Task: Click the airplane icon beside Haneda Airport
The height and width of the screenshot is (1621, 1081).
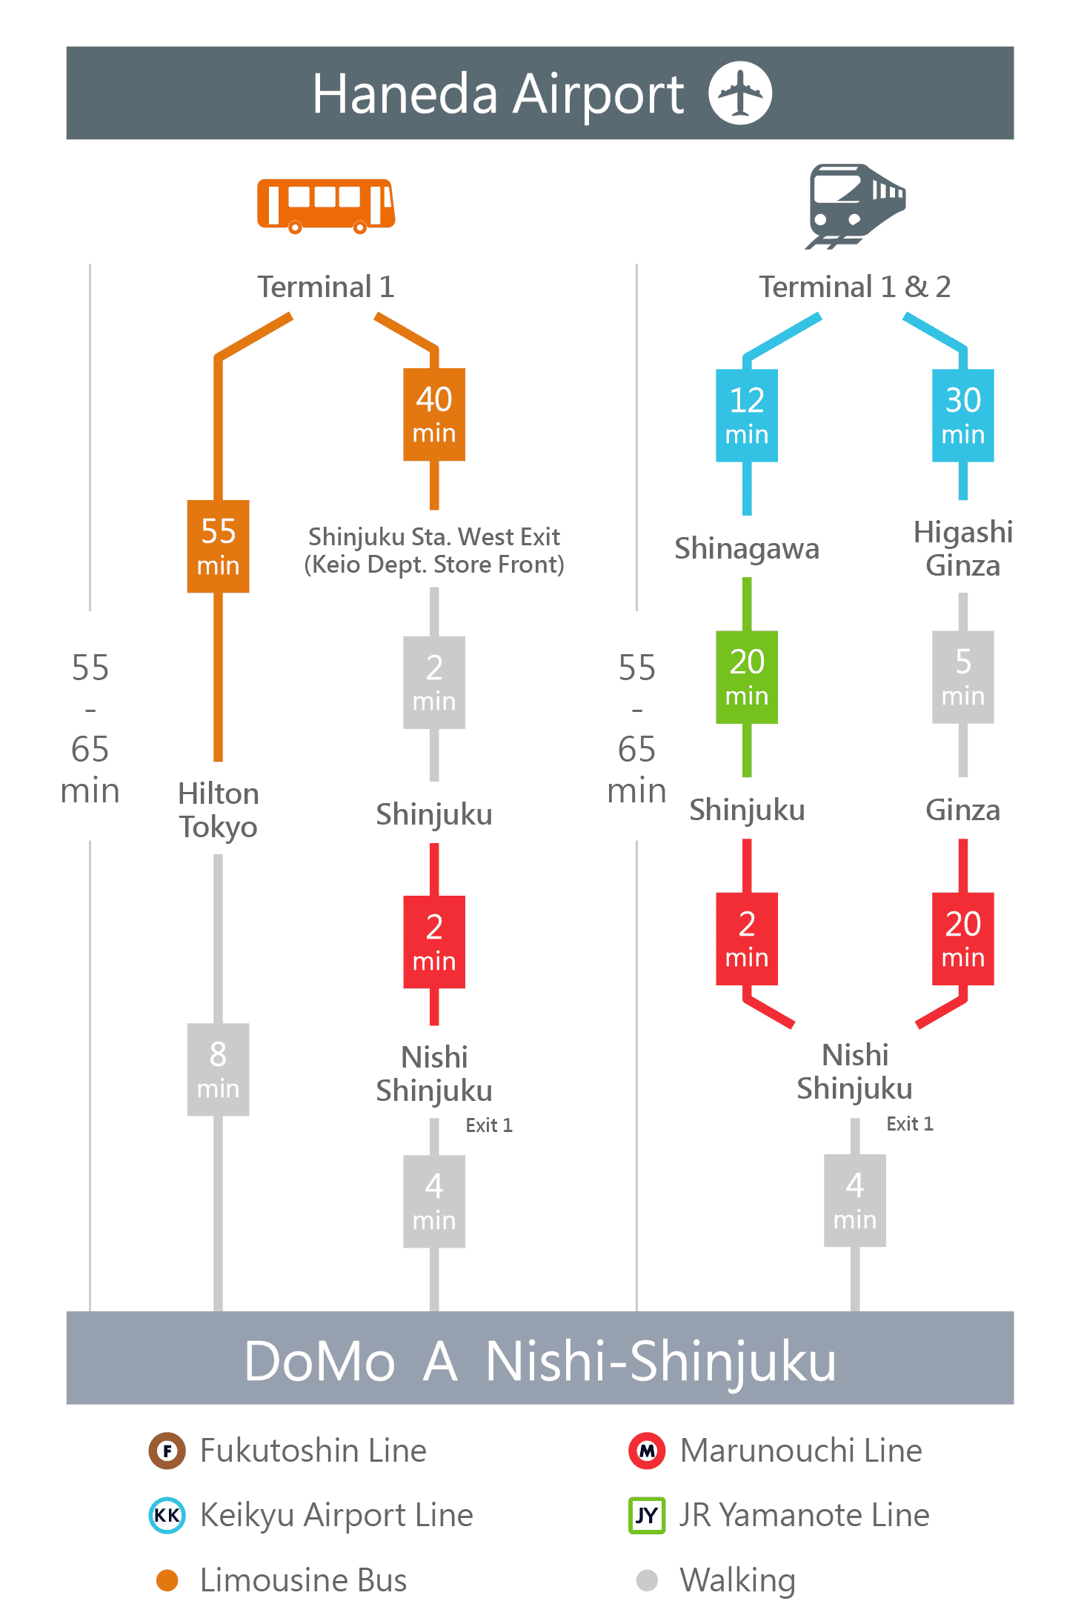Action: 740,93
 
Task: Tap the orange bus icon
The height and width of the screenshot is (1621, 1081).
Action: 326,205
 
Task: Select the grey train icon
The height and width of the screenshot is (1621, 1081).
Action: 856,206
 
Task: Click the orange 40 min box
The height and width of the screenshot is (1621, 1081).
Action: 434,414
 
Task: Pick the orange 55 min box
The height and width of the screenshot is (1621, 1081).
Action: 218,546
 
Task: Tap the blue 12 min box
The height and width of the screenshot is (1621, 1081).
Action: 747,416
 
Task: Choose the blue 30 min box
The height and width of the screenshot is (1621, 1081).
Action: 963,416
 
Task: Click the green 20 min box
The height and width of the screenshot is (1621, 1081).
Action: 747,677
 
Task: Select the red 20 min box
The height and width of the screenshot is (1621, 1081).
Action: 963,939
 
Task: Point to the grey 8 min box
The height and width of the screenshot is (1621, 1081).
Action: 218,1069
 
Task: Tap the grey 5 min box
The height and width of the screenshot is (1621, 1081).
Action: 963,677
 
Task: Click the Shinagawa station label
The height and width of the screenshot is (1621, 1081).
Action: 747,549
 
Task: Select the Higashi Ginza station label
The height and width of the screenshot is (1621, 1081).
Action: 963,548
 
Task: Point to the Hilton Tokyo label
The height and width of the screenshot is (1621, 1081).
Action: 218,810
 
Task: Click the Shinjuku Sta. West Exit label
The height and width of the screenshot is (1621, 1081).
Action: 434,550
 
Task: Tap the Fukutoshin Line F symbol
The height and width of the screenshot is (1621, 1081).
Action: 167,1451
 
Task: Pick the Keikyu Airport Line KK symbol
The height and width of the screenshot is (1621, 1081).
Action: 167,1515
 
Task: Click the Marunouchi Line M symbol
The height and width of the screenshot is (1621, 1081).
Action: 648,1451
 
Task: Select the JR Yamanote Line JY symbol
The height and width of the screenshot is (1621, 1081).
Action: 647,1515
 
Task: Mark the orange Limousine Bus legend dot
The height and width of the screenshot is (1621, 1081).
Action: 167,1580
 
